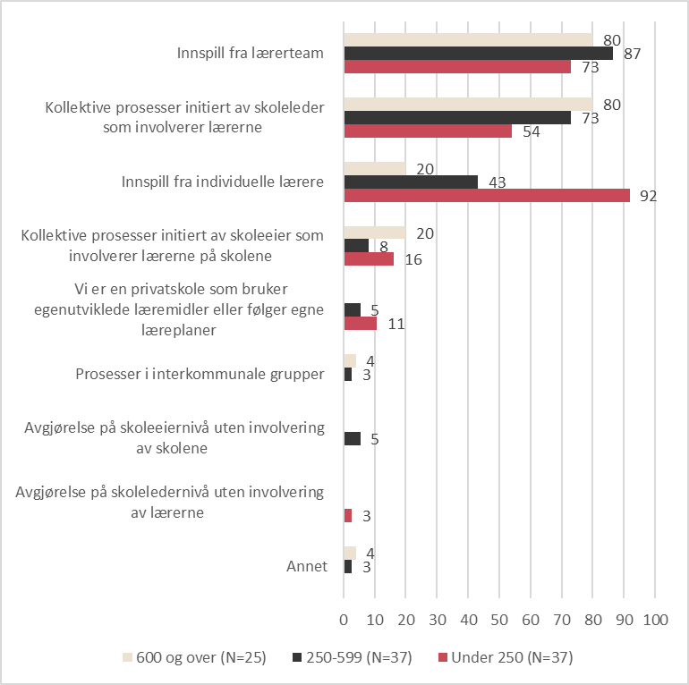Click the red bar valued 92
coord(487,196)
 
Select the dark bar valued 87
coord(479,53)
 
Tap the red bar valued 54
coord(428,131)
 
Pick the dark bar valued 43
coord(411,182)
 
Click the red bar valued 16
coord(369,259)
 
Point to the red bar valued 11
coord(361,323)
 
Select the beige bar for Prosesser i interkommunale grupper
coord(350,361)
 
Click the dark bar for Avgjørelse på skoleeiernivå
coord(353,439)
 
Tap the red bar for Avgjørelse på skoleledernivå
coord(348,515)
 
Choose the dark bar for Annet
coord(348,566)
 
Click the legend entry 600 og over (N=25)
coord(194,657)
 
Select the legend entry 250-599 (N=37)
coord(353,657)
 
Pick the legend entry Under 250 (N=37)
coord(506,657)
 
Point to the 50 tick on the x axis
coord(499,620)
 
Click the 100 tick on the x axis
coord(656,620)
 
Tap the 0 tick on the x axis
coord(344,620)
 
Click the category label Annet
coord(307,566)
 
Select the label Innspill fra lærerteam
coord(250,53)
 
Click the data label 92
coord(649,196)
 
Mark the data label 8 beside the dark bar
coord(384,247)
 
